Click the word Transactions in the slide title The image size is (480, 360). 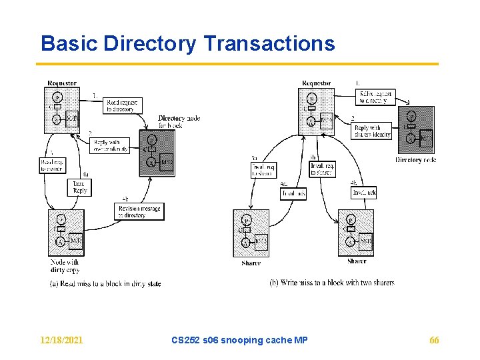[269, 44]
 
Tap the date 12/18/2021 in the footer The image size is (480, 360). [62, 340]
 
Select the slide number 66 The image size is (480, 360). [434, 340]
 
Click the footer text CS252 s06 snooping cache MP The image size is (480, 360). [239, 340]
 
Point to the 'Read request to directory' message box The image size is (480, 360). [122, 105]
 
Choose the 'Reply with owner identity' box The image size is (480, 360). [109, 145]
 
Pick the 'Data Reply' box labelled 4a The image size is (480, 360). [79, 187]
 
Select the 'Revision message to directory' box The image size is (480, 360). [138, 212]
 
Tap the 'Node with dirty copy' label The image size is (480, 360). [65, 267]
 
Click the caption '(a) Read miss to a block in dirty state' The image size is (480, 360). [105, 283]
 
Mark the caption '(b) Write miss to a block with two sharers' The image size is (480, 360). [331, 283]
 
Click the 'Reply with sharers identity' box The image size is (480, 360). [372, 131]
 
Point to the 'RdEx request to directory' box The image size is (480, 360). [375, 97]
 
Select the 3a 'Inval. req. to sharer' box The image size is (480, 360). [264, 170]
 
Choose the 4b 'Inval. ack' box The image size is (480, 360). [363, 193]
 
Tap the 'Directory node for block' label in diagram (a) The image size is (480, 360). [179, 122]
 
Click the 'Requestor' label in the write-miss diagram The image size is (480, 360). [316, 83]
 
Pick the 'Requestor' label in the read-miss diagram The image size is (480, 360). [62, 83]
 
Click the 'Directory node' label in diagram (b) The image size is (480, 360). [416, 160]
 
